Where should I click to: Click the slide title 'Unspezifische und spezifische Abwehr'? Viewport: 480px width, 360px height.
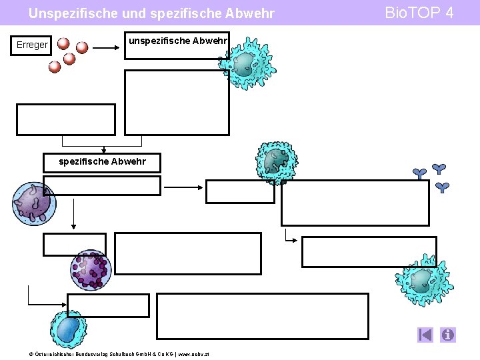(x=151, y=13)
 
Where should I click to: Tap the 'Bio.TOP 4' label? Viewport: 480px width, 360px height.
(x=423, y=13)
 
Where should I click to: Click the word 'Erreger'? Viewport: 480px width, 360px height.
(x=32, y=45)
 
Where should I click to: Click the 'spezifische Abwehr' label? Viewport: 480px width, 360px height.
(x=102, y=161)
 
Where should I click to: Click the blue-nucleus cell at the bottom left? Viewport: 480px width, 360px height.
(x=68, y=329)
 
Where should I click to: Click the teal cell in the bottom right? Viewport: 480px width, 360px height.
(x=424, y=281)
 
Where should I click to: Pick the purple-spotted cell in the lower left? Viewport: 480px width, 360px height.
(x=91, y=269)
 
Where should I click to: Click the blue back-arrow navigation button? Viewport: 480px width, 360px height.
(x=426, y=335)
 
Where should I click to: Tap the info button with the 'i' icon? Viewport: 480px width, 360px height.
(x=448, y=335)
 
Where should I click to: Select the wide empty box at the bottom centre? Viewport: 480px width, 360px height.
(x=262, y=316)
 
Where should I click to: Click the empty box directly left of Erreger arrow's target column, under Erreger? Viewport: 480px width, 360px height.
(x=65, y=119)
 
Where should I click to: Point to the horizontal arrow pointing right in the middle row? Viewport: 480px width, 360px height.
(x=183, y=187)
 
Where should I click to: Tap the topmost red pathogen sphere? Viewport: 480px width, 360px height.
(x=63, y=43)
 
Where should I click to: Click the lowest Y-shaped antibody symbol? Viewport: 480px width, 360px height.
(x=442, y=187)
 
